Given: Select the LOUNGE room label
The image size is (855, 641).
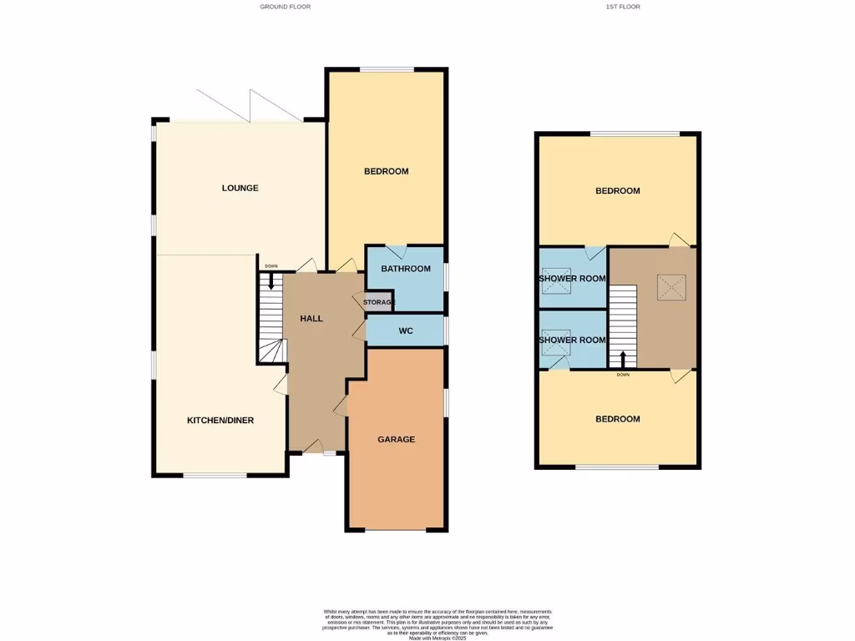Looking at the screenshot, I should pyautogui.click(x=240, y=188).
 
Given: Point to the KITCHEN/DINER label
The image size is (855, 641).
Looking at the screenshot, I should pyautogui.click(x=220, y=420).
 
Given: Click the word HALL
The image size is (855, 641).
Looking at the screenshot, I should pyautogui.click(x=311, y=318).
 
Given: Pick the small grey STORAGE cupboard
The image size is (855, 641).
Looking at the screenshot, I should pyautogui.click(x=377, y=302).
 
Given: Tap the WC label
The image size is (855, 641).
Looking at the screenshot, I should pyautogui.click(x=406, y=331).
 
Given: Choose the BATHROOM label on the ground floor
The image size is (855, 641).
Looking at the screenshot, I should pyautogui.click(x=406, y=269).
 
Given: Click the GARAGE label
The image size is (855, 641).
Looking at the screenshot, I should pyautogui.click(x=396, y=439).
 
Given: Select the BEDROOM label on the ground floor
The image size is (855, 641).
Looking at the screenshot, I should pyautogui.click(x=386, y=171).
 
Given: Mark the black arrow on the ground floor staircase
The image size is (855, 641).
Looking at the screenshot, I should pyautogui.click(x=271, y=283).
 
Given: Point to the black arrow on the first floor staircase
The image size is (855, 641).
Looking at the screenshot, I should pyautogui.click(x=622, y=360).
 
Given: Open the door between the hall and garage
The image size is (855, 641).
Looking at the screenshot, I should pyautogui.click(x=341, y=406).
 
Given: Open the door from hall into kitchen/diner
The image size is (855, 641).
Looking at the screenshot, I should pyautogui.click(x=281, y=383).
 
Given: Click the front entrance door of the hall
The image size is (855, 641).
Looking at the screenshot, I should pyautogui.click(x=313, y=448).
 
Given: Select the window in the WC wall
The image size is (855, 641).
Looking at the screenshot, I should pyautogui.click(x=446, y=331).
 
